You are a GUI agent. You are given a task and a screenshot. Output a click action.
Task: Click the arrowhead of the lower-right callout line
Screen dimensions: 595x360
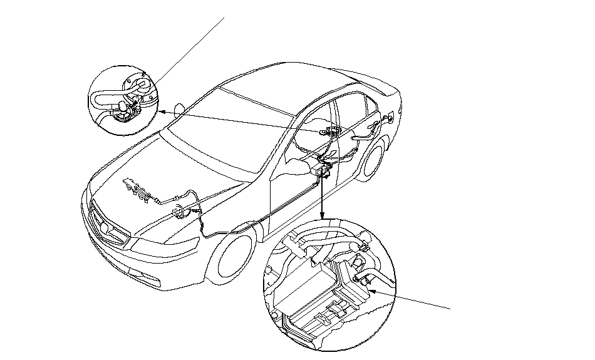(371, 289)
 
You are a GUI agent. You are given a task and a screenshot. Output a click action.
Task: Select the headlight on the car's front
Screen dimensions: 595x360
(150, 241)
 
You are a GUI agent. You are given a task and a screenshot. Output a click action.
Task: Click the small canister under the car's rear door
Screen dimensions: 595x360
(324, 170)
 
